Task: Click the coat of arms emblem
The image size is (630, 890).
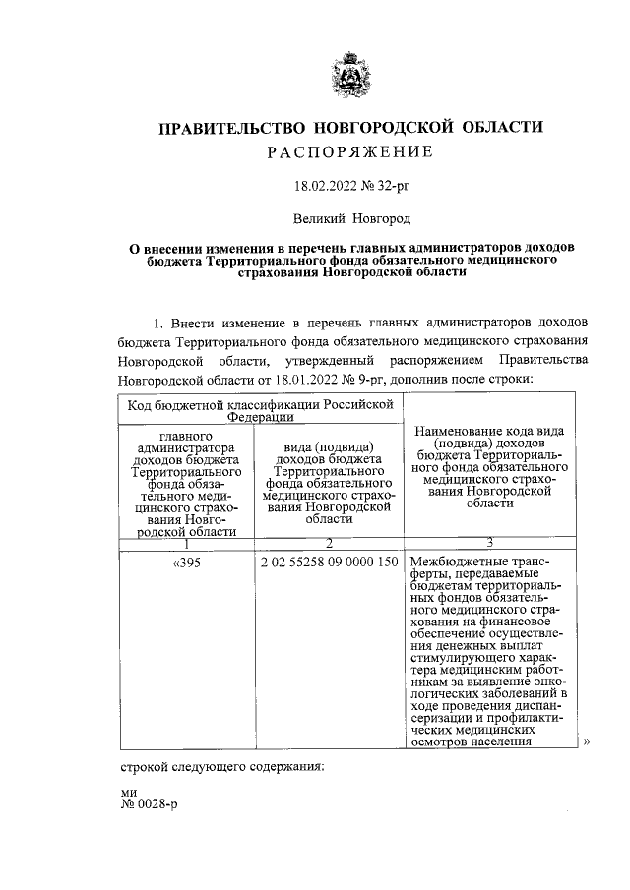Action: (352, 76)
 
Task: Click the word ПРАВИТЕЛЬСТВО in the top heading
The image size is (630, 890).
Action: (227, 128)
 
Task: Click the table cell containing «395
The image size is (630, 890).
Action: (187, 563)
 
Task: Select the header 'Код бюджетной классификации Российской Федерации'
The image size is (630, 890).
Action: (260, 410)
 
